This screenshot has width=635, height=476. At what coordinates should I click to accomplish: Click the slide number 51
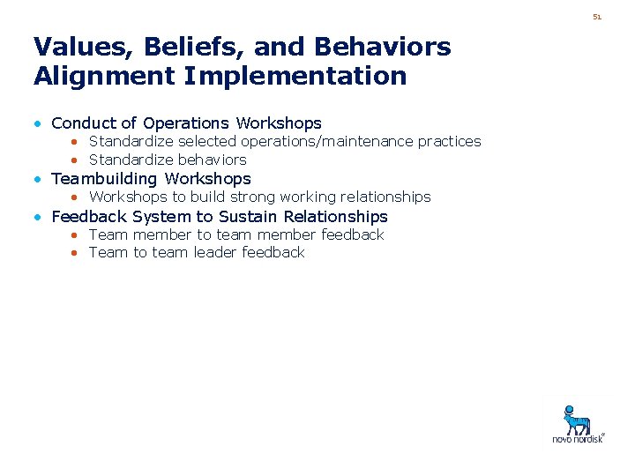tap(597, 17)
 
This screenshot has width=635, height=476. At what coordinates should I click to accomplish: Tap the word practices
tap(449, 141)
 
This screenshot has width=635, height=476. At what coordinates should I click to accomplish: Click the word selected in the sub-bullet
tap(209, 141)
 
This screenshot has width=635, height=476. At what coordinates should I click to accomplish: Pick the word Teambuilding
tap(105, 179)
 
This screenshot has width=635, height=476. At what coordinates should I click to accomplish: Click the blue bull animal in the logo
tap(578, 418)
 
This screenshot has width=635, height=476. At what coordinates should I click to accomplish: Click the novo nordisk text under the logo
tap(578, 438)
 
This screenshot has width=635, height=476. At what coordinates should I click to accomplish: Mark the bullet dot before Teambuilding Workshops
tap(39, 179)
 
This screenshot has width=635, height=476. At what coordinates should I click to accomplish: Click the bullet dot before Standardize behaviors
tap(76, 160)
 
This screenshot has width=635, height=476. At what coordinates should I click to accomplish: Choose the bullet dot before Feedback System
tap(39, 217)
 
